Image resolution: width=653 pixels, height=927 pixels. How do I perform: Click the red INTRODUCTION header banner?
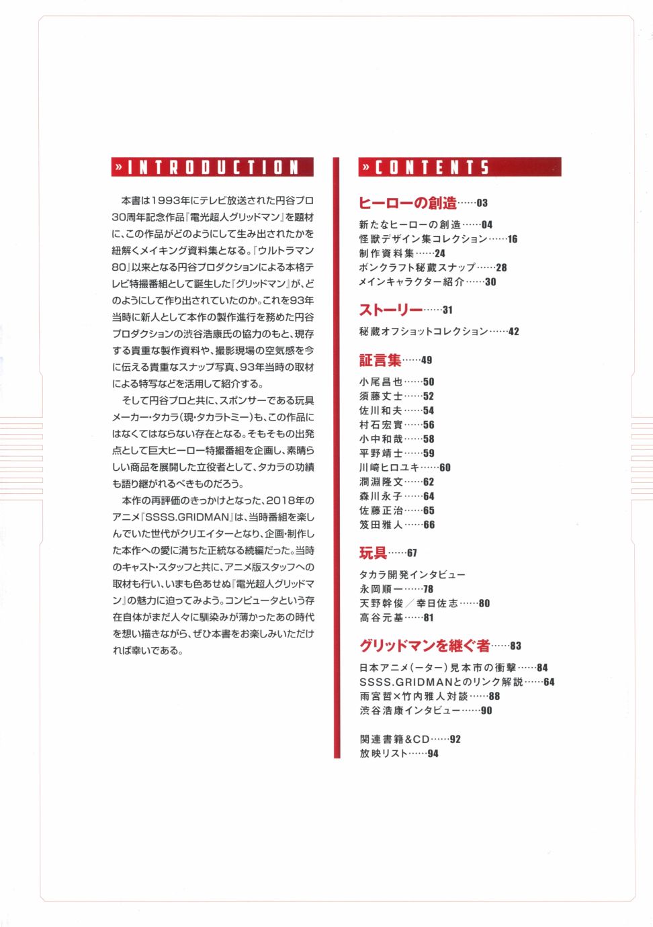point(212,167)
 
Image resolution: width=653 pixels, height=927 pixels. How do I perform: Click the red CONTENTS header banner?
point(460,167)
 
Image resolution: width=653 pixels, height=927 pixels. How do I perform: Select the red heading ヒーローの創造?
point(407,203)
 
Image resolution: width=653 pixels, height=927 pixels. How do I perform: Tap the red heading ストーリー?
point(390,310)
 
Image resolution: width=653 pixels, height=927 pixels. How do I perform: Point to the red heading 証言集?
point(380,360)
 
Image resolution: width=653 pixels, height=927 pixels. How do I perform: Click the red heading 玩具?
point(373,553)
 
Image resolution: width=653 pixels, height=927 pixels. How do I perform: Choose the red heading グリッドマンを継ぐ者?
point(425,646)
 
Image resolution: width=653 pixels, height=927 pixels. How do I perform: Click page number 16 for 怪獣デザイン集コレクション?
point(513,239)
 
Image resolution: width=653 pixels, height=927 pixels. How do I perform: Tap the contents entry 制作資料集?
point(386,253)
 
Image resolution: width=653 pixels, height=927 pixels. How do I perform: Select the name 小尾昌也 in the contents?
point(380,382)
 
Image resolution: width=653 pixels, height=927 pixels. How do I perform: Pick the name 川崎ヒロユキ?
point(389,468)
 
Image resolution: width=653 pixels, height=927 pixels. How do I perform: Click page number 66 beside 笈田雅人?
point(429,525)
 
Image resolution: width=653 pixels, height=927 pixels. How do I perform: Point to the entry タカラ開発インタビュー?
point(412,575)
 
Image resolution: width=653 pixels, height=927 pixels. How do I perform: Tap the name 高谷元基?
point(381,617)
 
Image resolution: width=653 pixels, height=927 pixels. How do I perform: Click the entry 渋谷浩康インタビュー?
point(410,711)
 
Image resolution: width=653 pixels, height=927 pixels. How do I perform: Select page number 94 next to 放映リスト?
point(433,754)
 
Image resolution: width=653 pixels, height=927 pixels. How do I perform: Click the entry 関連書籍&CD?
point(394,739)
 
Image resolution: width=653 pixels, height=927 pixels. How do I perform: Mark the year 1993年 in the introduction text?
point(171,200)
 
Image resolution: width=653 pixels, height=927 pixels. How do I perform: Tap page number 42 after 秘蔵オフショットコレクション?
point(514,331)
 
